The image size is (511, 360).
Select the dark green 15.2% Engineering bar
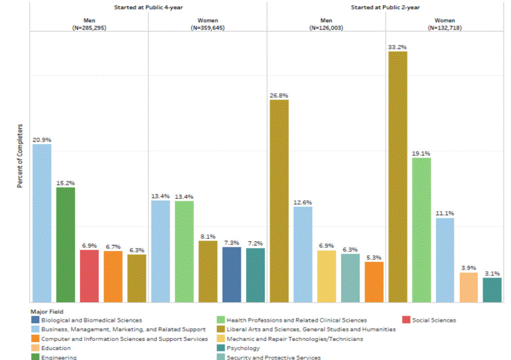(x=65, y=245)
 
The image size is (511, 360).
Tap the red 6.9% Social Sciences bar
(x=89, y=276)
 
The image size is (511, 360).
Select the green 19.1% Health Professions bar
(x=421, y=230)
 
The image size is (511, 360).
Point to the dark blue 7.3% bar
(x=231, y=274)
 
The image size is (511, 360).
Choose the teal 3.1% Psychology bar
(x=492, y=290)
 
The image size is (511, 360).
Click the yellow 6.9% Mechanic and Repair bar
(x=326, y=276)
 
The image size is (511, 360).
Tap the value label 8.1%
(x=208, y=236)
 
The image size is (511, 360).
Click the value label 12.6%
(x=303, y=202)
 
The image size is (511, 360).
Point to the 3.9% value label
(x=469, y=268)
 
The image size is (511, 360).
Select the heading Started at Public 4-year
(x=148, y=7)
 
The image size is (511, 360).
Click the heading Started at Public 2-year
(x=385, y=7)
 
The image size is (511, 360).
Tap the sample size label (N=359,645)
(x=207, y=28)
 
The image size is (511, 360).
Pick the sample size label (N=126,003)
(x=326, y=28)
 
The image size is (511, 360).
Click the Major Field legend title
(x=46, y=312)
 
